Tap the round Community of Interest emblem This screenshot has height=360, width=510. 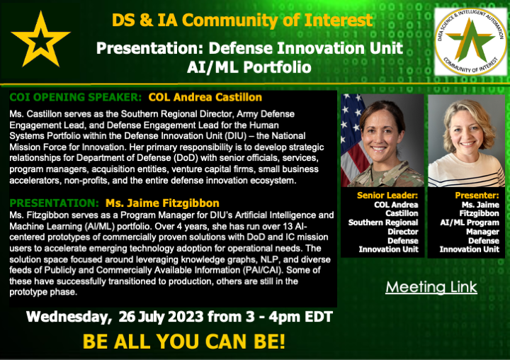[x=470, y=41]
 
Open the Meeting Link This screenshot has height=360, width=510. [x=431, y=287]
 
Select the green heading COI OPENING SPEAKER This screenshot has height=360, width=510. [x=76, y=97]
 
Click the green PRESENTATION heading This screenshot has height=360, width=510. [x=54, y=203]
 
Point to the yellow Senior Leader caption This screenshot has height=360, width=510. [x=387, y=196]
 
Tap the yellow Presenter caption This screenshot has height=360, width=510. [x=477, y=196]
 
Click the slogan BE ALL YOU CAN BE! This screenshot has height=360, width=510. [x=184, y=342]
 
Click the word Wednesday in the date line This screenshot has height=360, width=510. [x=69, y=317]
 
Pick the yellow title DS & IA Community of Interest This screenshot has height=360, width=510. [x=242, y=20]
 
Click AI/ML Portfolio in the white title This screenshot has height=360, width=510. [x=249, y=67]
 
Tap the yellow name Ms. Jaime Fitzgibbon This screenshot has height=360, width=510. [x=162, y=203]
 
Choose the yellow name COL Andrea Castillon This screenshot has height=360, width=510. [x=205, y=97]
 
